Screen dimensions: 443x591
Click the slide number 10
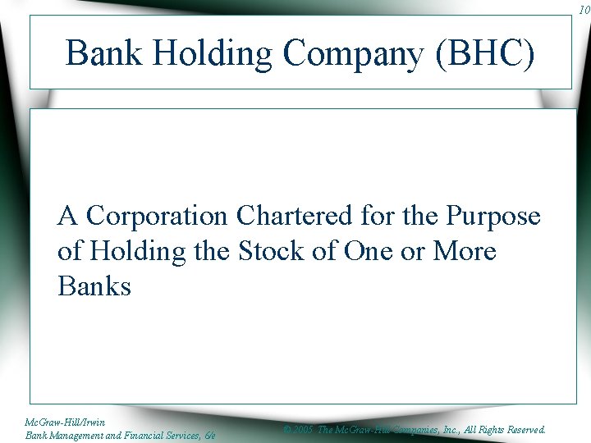583,10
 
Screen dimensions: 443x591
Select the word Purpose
493,216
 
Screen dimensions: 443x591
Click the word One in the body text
367,251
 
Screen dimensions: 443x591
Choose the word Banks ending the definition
94,286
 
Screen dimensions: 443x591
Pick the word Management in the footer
79,435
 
